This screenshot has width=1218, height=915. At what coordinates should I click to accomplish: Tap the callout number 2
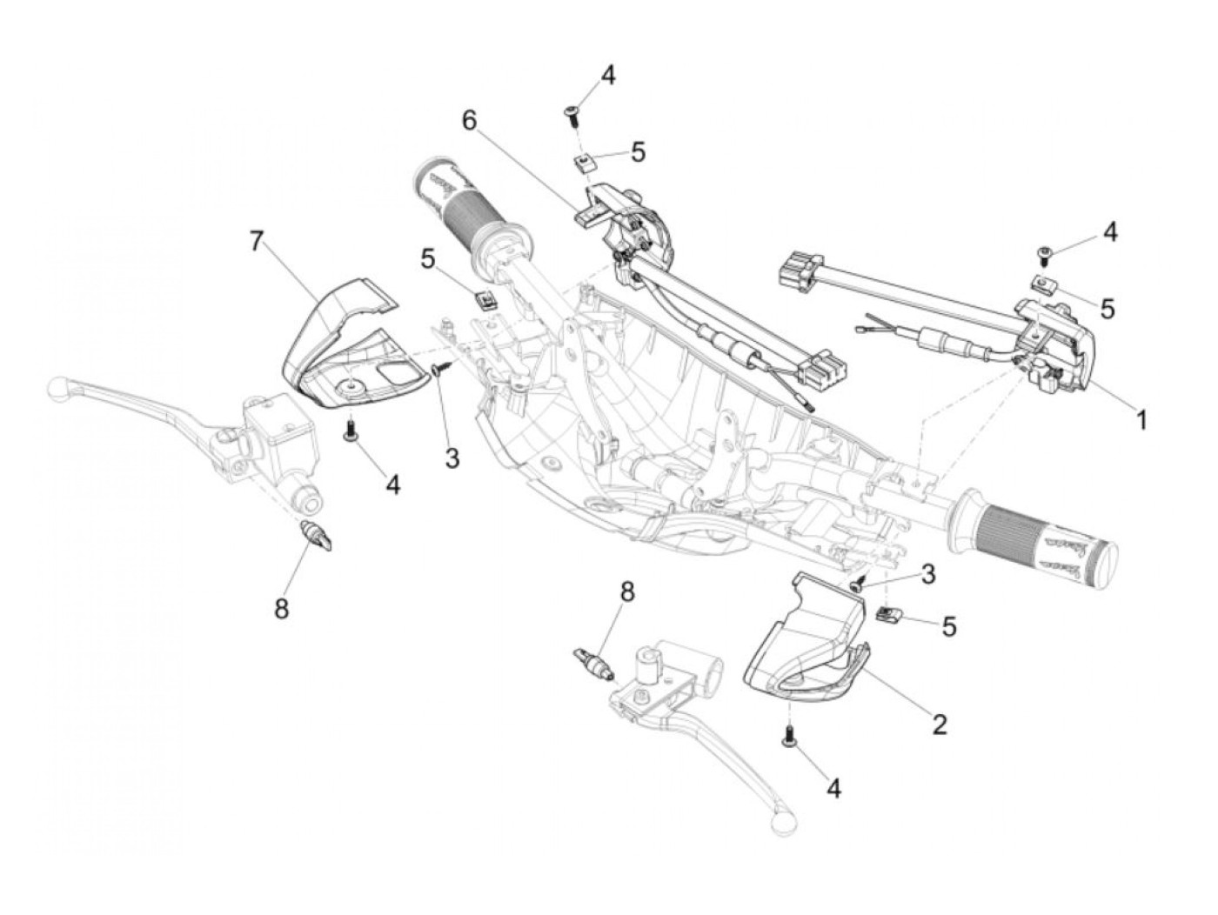[939, 724]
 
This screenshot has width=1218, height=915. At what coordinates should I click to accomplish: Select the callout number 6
[470, 120]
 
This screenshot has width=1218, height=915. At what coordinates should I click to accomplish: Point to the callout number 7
[256, 241]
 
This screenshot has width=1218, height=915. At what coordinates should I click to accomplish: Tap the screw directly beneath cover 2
[791, 736]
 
